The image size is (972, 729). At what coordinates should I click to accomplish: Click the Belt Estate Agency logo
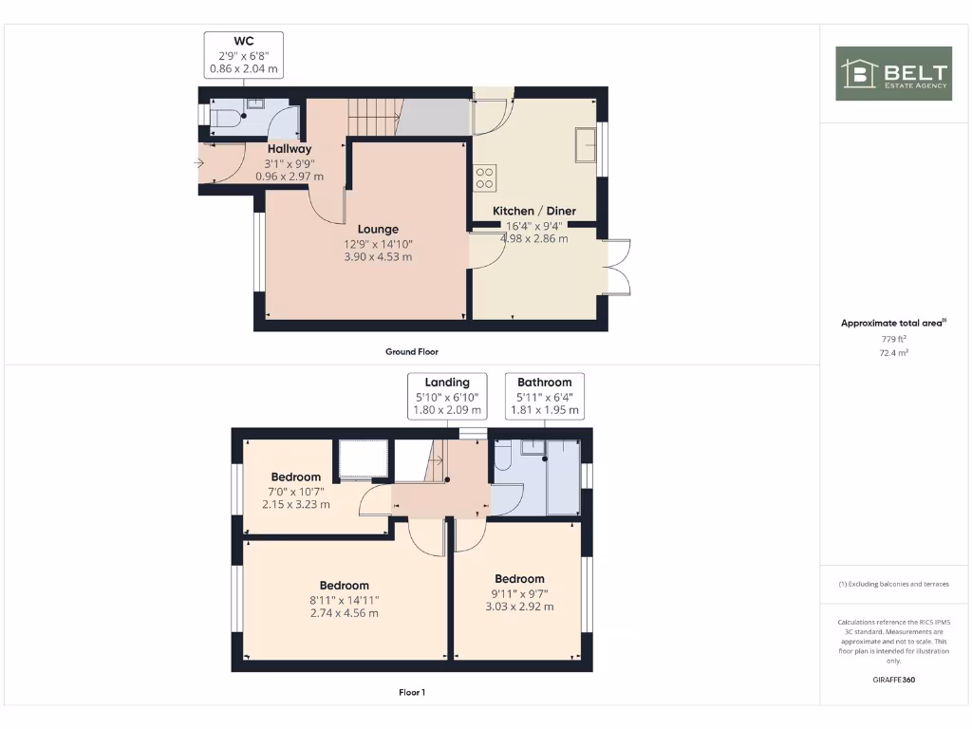pyautogui.click(x=892, y=74)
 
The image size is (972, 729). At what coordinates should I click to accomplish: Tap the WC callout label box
pyautogui.click(x=243, y=55)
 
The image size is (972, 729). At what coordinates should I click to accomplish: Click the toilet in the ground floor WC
pyautogui.click(x=225, y=116)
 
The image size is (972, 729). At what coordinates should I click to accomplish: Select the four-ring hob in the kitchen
pyautogui.click(x=485, y=177)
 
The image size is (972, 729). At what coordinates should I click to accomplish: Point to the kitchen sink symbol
pyautogui.click(x=585, y=145)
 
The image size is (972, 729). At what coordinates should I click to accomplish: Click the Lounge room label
pyautogui.click(x=378, y=229)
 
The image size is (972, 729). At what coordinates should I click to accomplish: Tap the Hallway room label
pyautogui.click(x=289, y=149)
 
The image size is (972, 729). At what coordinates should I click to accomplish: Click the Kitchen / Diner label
pyautogui.click(x=533, y=211)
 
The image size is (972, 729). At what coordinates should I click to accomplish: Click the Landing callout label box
pyautogui.click(x=448, y=397)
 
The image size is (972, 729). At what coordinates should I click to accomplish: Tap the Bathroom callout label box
pyautogui.click(x=544, y=397)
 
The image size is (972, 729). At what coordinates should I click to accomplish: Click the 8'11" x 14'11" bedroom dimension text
pyautogui.click(x=344, y=600)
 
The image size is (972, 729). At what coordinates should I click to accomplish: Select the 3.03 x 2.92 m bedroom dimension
pyautogui.click(x=519, y=607)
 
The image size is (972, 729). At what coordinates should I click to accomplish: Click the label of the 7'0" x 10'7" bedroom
pyautogui.click(x=295, y=477)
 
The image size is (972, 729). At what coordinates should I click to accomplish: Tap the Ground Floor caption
pyautogui.click(x=411, y=351)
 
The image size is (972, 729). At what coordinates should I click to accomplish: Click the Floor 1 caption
pyautogui.click(x=411, y=693)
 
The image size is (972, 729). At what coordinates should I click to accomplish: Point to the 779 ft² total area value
pyautogui.click(x=892, y=339)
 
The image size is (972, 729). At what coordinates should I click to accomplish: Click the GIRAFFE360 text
pyautogui.click(x=892, y=680)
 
